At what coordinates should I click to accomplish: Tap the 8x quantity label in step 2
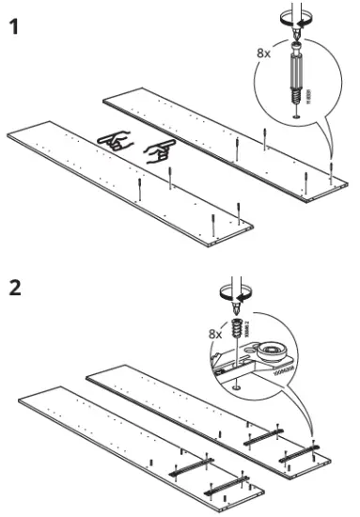pyautogui.click(x=215, y=333)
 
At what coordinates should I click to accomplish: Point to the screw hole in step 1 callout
pyautogui.click(x=297, y=115)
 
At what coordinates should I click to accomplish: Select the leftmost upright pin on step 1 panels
pyautogui.click(x=140, y=189)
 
